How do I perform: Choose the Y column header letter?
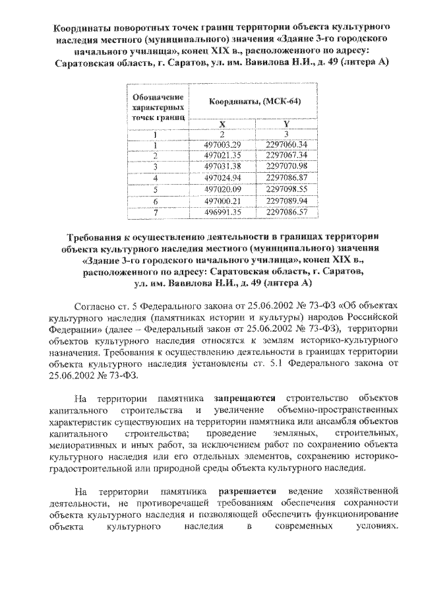pos(286,123)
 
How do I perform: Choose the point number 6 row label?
pos(155,200)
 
